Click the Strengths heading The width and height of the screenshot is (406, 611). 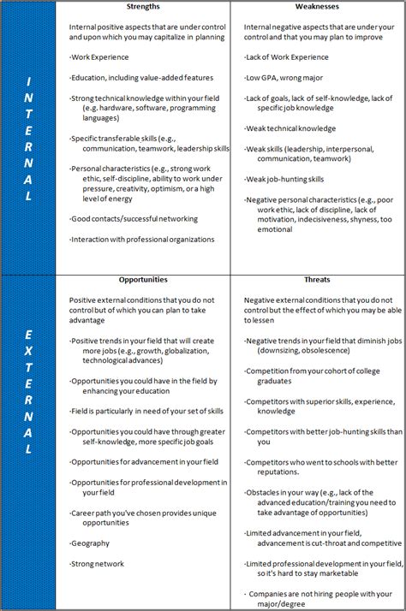(x=143, y=7)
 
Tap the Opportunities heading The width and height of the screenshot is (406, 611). (x=143, y=279)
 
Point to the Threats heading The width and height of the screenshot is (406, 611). (x=316, y=279)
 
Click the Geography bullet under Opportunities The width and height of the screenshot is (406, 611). (x=92, y=543)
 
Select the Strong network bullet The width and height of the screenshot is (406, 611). (x=99, y=563)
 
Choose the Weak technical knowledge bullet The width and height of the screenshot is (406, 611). (x=291, y=128)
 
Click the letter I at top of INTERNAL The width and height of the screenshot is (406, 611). (x=28, y=80)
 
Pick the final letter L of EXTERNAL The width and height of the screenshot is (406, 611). (x=28, y=449)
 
